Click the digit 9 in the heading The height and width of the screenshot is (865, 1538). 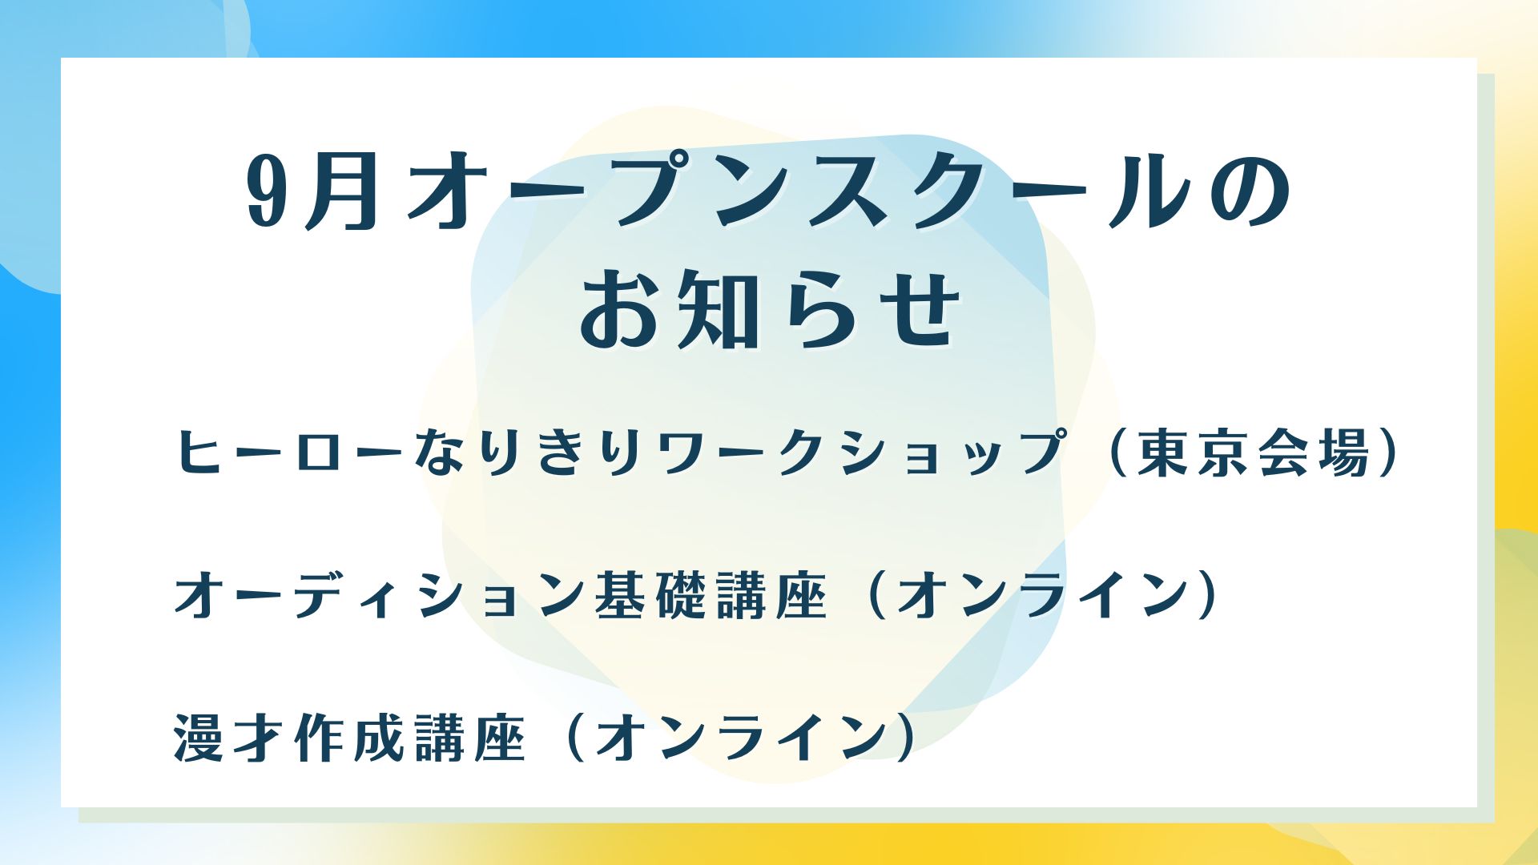268,192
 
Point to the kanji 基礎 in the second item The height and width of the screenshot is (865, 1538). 652,597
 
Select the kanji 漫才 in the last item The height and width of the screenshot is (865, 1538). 232,737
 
